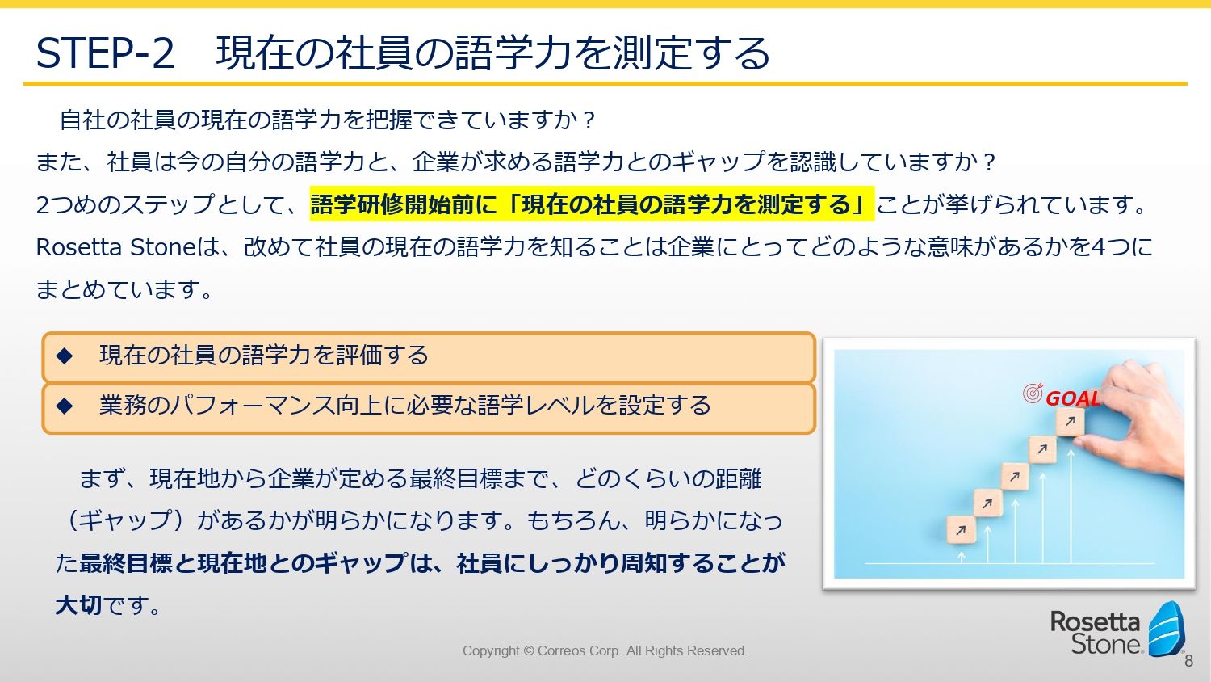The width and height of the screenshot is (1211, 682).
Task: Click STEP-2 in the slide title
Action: coord(106,53)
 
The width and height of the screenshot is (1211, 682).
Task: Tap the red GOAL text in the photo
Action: coord(1073,399)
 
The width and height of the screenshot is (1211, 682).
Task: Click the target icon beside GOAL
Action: coord(1033,393)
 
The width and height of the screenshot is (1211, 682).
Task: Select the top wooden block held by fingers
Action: coord(1071,422)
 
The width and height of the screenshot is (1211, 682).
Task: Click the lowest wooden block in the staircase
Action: coord(961,530)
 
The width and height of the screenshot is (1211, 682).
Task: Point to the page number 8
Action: coord(1189,661)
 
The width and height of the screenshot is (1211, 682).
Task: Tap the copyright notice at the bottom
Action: coord(605,650)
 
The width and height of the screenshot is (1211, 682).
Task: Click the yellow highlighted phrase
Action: coord(592,204)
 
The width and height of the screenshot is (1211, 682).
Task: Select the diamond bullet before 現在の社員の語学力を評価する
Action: coord(65,356)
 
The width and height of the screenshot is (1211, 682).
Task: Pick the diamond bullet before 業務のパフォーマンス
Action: coord(65,406)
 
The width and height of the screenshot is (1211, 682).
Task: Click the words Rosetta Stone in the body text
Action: coord(115,247)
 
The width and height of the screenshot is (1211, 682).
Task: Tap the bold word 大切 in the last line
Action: coord(79,605)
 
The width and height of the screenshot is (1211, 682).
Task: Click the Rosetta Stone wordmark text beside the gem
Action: coord(1096,632)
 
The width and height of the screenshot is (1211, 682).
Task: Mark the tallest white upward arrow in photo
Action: coord(1071,506)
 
